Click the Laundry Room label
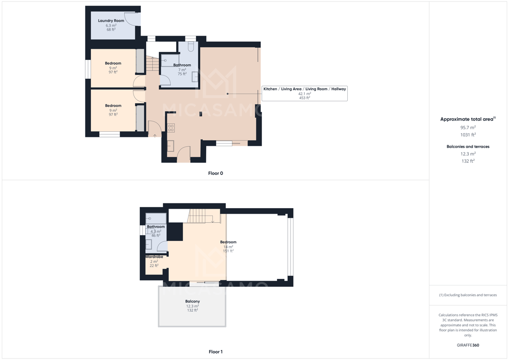click(x=111, y=21)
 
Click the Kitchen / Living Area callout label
click(x=305, y=89)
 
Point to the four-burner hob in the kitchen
click(x=171, y=128)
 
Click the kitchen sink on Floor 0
click(x=171, y=146)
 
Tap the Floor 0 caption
click(x=216, y=173)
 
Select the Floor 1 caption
click(x=216, y=352)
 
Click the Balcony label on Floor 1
click(x=193, y=301)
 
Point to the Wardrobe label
click(x=154, y=257)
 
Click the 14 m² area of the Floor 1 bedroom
click(x=228, y=247)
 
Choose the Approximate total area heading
click(x=468, y=119)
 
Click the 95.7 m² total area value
click(x=468, y=127)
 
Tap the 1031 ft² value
click(x=468, y=135)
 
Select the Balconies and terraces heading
click(x=468, y=147)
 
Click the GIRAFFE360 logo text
click(x=468, y=345)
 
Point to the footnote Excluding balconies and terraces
click(x=468, y=295)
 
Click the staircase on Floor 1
click(x=201, y=216)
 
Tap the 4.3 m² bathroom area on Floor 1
click(x=156, y=232)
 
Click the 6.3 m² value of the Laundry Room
click(x=111, y=25)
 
